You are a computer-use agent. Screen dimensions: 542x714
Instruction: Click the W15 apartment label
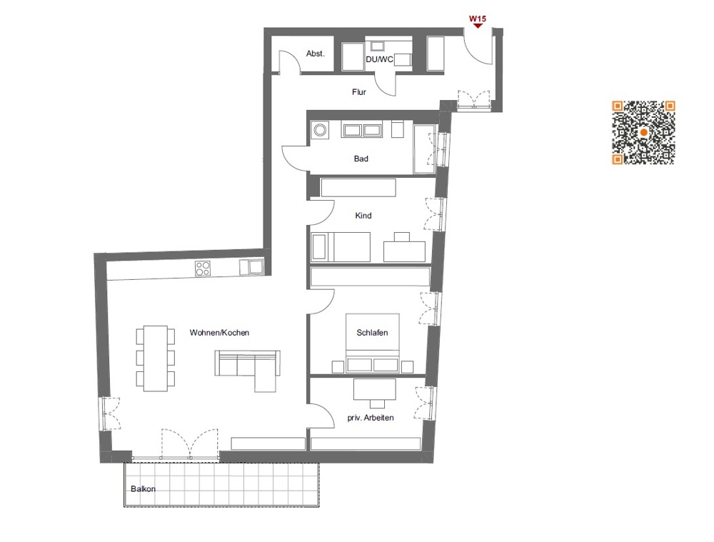click(x=477, y=18)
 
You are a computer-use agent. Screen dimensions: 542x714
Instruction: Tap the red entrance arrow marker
click(x=477, y=26)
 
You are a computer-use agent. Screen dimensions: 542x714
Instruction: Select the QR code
click(x=643, y=133)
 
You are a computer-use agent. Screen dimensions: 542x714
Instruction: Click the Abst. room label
click(x=316, y=54)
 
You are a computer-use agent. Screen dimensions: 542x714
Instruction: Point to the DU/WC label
click(x=379, y=59)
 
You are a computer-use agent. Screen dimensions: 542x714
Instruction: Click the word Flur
click(x=359, y=92)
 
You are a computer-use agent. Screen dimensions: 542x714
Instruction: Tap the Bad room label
click(x=361, y=159)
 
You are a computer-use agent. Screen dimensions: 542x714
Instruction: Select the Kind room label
click(x=363, y=216)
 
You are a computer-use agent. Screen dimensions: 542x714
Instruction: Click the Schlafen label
click(x=372, y=333)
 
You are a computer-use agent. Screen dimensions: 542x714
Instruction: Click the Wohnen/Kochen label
click(x=219, y=333)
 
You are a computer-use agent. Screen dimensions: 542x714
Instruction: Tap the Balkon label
click(x=143, y=489)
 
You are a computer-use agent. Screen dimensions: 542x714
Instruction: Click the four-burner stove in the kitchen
click(x=203, y=269)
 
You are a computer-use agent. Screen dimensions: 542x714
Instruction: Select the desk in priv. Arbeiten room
click(x=375, y=388)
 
